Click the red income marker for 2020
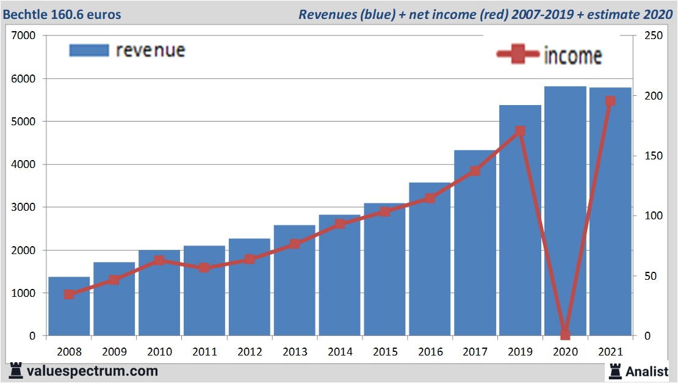click(565, 334)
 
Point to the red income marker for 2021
click(610, 101)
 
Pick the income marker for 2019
click(520, 131)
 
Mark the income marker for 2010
click(159, 260)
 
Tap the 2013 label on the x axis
click(295, 352)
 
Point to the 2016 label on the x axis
click(430, 352)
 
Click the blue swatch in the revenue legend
click(88, 50)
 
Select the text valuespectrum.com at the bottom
click(92, 371)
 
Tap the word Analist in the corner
click(647, 371)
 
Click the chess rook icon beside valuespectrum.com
click(15, 370)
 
